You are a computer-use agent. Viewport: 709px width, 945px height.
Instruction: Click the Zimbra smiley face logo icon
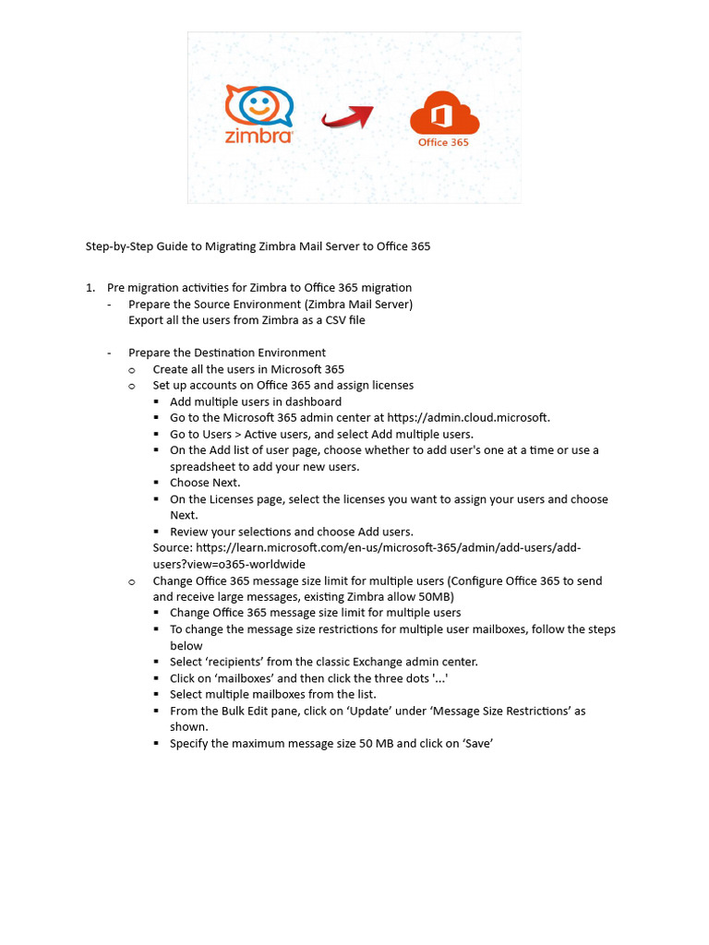[259, 104]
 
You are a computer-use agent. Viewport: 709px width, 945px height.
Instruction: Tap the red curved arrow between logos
[347, 117]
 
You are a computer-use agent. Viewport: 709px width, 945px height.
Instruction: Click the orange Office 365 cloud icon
[443, 114]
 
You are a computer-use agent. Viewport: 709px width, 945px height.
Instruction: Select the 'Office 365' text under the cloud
[443, 143]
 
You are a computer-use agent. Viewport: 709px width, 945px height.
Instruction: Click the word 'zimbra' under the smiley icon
[259, 136]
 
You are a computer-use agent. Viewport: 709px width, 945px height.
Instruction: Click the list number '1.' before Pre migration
[90, 288]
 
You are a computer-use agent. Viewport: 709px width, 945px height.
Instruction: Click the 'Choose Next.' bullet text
[205, 483]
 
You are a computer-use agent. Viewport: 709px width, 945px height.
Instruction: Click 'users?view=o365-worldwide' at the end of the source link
[229, 564]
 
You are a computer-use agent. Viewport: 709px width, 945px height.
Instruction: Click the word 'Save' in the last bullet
[476, 744]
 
